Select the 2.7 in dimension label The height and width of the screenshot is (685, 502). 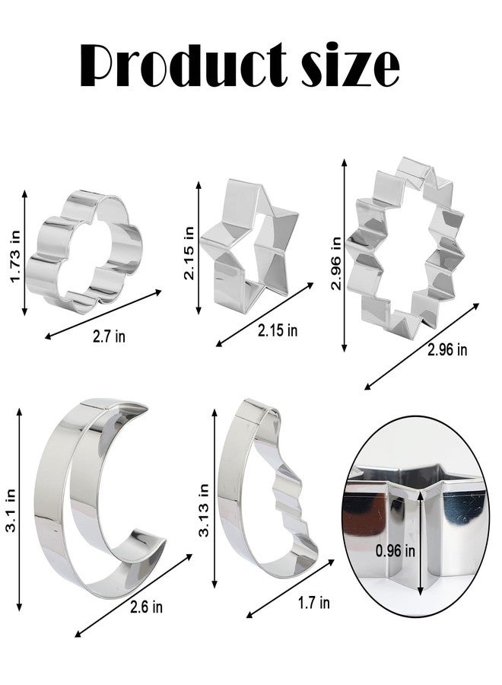pos(109,336)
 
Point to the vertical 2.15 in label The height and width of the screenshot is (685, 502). pos(189,253)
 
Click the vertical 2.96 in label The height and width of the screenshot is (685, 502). pos(335,263)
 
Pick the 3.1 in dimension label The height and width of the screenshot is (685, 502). pos(11,510)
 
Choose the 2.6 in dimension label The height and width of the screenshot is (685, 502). pos(146,607)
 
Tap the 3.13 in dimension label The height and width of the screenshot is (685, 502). pos(203,510)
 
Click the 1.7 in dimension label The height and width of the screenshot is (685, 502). pos(314,603)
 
